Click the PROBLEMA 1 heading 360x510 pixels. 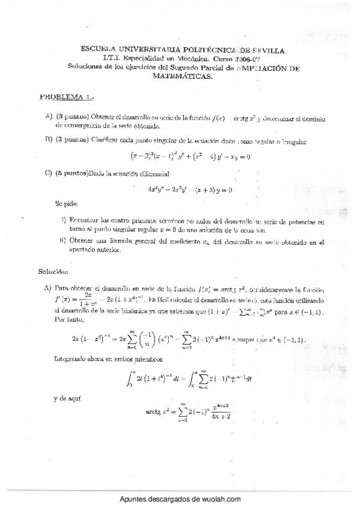63,96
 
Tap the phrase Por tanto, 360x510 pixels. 66,320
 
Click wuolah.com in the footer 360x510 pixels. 219,500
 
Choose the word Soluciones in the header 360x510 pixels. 86,67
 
